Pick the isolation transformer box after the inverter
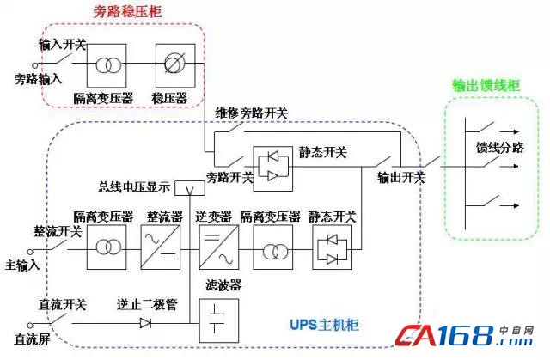point(273,248)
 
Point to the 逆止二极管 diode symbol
point(145,323)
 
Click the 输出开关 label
point(401,178)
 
